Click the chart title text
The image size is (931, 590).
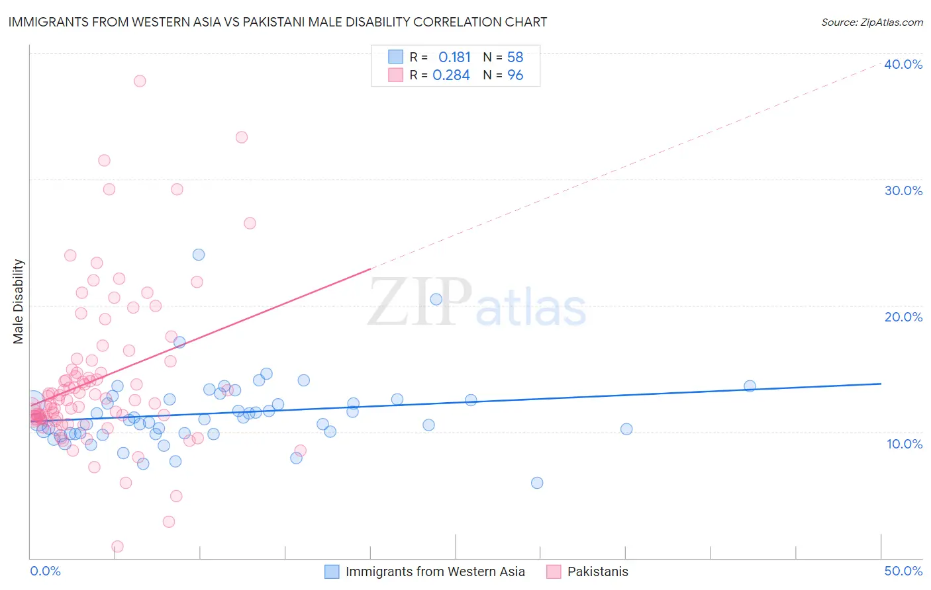[277, 22]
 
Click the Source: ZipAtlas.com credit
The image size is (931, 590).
[871, 22]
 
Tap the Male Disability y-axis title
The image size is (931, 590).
[18, 301]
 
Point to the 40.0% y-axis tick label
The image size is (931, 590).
[903, 64]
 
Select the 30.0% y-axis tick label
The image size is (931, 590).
[903, 190]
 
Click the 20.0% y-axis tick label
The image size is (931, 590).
[903, 317]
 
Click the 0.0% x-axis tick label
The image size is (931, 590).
[45, 571]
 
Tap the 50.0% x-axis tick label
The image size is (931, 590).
[903, 571]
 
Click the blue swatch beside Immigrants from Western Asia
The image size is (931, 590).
[332, 571]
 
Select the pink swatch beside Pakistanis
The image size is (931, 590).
[554, 571]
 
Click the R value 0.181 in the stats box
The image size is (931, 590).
[454, 58]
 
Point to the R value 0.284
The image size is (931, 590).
[451, 75]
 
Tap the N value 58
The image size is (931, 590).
[515, 58]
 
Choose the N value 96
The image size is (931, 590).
[515, 75]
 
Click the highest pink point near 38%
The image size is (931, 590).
[140, 81]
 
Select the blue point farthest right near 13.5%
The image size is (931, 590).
[750, 386]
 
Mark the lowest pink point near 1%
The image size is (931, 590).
[117, 546]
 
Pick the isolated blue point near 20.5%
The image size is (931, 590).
[436, 299]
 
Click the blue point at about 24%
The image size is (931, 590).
[199, 255]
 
